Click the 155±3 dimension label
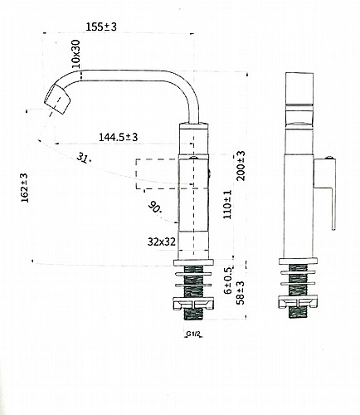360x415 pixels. [101, 27]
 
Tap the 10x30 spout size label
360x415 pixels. [75, 54]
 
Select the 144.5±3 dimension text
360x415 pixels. [118, 137]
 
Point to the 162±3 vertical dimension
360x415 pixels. [25, 188]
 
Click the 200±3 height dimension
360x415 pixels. [241, 166]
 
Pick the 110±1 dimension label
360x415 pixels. [227, 205]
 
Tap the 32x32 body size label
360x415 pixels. [162, 242]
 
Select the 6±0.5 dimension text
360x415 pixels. [228, 281]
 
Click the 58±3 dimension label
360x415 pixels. [241, 293]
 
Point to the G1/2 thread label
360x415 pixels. [193, 334]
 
